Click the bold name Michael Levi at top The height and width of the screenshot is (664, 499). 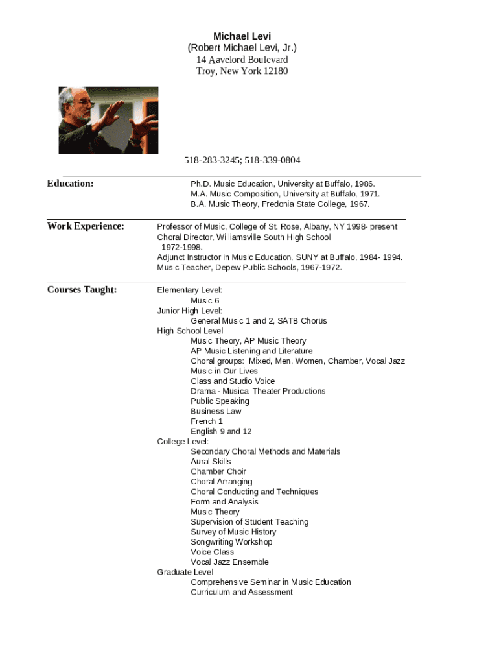[242, 36]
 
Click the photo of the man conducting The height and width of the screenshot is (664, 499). [108, 120]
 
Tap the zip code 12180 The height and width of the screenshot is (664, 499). [275, 71]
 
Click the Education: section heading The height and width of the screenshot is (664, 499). [70, 184]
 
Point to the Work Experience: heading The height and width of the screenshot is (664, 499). [85, 226]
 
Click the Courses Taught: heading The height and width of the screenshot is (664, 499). [82, 290]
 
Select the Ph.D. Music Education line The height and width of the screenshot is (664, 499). [283, 184]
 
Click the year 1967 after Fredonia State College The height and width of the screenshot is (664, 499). [358, 204]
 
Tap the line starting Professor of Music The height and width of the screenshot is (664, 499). [277, 227]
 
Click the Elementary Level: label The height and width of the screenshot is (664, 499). [189, 290]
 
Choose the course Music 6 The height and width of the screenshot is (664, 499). [205, 301]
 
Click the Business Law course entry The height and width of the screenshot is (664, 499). [216, 411]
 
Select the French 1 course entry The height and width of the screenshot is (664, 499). [207, 421]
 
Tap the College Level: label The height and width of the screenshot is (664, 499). [183, 442]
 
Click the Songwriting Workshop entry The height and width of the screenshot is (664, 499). [231, 542]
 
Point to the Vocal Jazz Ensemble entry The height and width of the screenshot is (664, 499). [229, 562]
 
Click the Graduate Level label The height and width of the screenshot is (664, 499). [185, 572]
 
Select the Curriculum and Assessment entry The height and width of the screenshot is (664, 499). [241, 592]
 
